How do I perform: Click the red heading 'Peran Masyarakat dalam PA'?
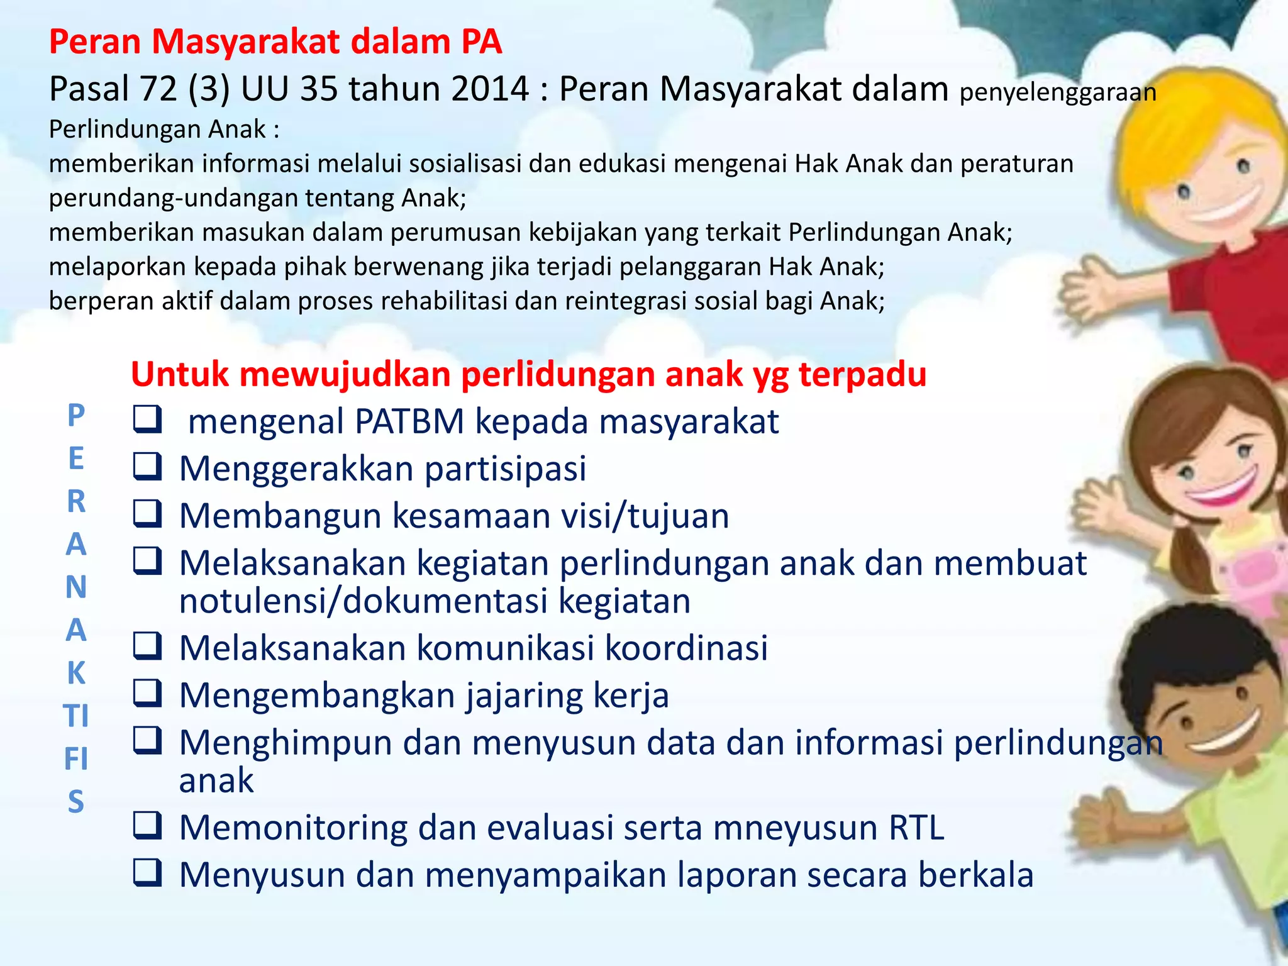[x=275, y=42]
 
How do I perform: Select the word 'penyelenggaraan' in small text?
[x=1058, y=92]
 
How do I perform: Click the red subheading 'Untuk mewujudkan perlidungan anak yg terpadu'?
[x=528, y=374]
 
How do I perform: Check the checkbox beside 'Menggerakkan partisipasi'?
[x=148, y=467]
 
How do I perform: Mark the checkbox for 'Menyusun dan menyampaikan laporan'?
[x=148, y=873]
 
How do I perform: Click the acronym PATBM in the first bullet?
[x=409, y=421]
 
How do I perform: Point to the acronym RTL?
[x=916, y=828]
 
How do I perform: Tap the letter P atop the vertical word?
[x=76, y=415]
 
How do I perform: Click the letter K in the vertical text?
[x=76, y=673]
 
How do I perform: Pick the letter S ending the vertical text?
[x=76, y=802]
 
